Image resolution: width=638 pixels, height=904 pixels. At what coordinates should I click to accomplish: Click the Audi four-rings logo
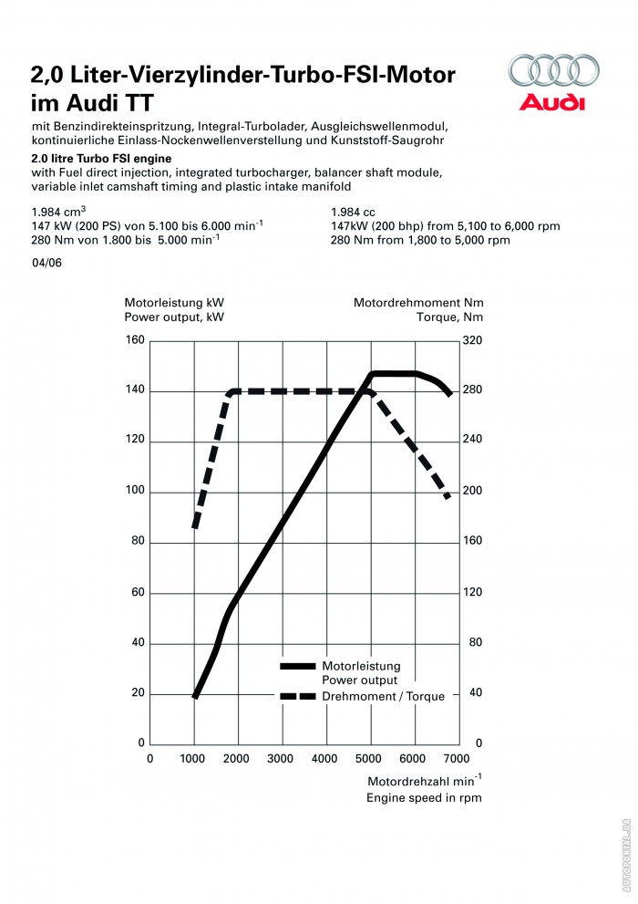(x=553, y=71)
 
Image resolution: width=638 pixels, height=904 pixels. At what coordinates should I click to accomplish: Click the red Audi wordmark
(x=553, y=101)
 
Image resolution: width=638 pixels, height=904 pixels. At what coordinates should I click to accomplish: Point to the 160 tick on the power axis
(x=135, y=340)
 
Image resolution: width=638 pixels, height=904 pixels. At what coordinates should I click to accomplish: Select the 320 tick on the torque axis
(x=473, y=340)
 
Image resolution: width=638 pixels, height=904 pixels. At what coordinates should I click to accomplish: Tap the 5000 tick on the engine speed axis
(x=369, y=758)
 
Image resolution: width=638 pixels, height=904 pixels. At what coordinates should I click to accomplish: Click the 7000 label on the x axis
(x=456, y=758)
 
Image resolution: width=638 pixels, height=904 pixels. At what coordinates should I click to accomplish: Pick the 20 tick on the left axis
(x=139, y=693)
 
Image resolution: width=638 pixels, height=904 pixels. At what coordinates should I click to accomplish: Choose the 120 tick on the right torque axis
(x=473, y=593)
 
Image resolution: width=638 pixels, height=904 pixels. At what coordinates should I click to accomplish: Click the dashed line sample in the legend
(x=298, y=697)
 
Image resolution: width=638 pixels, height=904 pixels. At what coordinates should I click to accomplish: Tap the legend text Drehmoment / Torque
(x=384, y=697)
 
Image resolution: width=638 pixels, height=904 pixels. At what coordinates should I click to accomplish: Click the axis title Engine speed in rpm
(x=424, y=797)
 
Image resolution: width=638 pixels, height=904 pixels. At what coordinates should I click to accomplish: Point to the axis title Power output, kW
(x=173, y=317)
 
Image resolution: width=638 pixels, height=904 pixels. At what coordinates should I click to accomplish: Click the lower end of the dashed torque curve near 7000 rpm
(x=448, y=497)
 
